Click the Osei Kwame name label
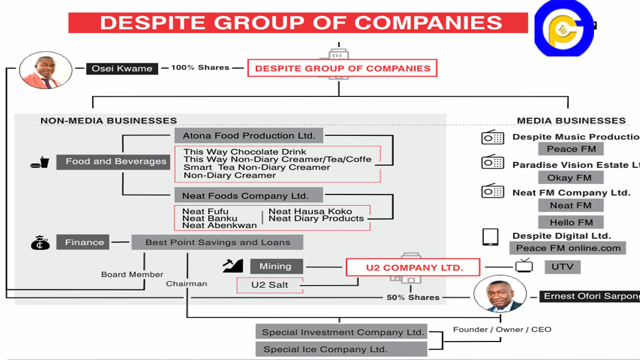click(122, 68)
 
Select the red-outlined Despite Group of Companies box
click(342, 68)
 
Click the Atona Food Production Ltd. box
click(248, 135)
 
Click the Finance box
click(83, 242)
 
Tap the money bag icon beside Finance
click(40, 243)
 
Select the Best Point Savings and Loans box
click(217, 242)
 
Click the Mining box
click(275, 266)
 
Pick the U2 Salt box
click(270, 285)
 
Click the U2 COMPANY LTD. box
click(413, 267)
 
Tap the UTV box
click(562, 267)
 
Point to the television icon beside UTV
click(524, 266)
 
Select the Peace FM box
click(571, 149)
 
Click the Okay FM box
click(571, 177)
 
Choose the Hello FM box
click(571, 222)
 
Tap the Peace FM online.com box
click(568, 248)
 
